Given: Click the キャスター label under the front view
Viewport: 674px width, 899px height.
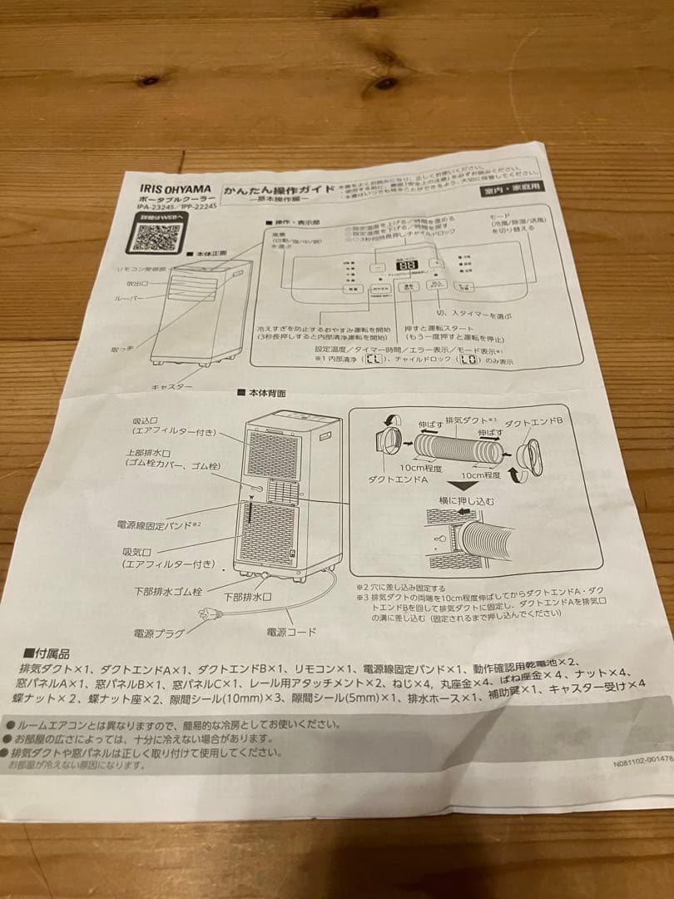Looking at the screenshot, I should pyautogui.click(x=172, y=387).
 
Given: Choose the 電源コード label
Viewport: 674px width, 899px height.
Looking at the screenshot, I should pyautogui.click(x=291, y=632).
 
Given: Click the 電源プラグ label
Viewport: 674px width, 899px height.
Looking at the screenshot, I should pyautogui.click(x=159, y=633).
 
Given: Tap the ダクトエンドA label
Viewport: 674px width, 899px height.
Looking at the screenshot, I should pyautogui.click(x=398, y=481).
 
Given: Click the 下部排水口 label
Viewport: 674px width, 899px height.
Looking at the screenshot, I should pyautogui.click(x=247, y=598).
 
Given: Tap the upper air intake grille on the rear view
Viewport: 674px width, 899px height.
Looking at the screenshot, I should pyautogui.click(x=271, y=454).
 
